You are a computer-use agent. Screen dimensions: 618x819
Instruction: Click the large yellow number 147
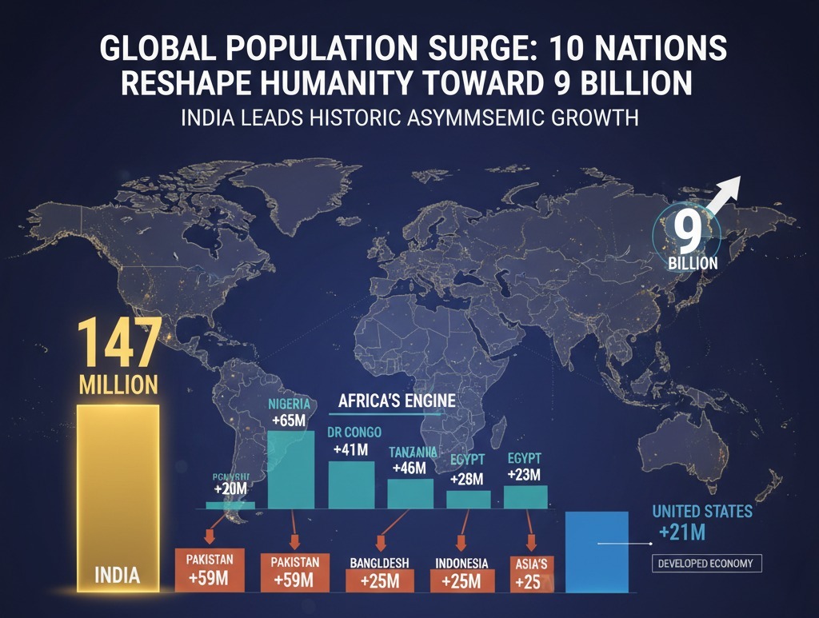pyautogui.click(x=118, y=342)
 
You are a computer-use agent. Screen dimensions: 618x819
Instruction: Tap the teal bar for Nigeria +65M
pyautogui.click(x=290, y=469)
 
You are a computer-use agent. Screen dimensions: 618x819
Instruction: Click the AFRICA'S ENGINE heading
pyautogui.click(x=397, y=401)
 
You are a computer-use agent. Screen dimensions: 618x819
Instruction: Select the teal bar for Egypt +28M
pyautogui.click(x=468, y=499)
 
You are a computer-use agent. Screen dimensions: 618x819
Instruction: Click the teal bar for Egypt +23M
pyautogui.click(x=525, y=496)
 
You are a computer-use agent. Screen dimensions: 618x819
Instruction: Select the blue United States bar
pyautogui.click(x=597, y=552)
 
